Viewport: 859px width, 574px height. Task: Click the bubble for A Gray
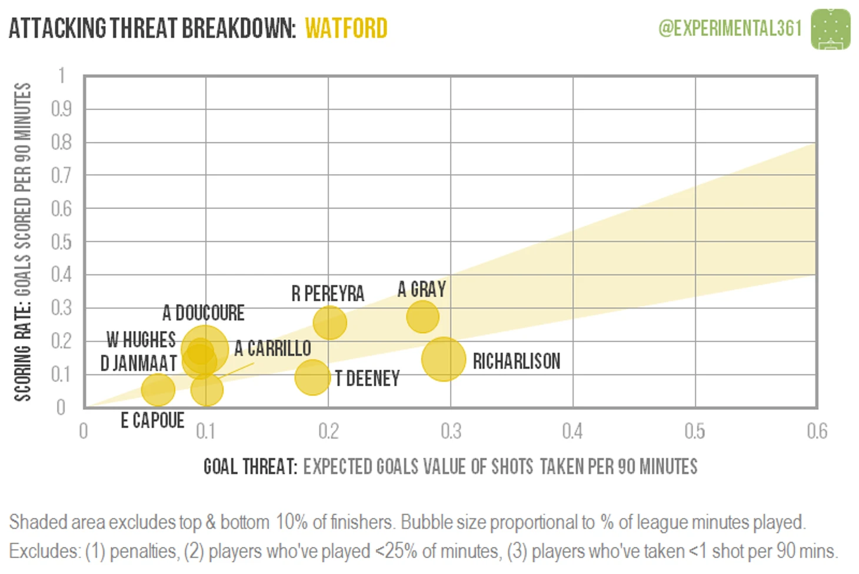(422, 317)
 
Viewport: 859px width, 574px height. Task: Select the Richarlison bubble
(444, 359)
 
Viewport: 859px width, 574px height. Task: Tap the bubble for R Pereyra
(329, 323)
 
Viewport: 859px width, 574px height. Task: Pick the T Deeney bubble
(312, 377)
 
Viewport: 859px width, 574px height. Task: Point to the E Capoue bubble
(158, 389)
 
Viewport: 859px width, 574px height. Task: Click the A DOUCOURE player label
(204, 313)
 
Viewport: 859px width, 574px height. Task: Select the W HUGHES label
(141, 340)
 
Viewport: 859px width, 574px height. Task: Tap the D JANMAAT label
(139, 363)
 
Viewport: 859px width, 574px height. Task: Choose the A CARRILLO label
(272, 349)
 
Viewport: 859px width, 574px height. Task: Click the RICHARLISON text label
(517, 361)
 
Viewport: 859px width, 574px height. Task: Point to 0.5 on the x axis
(695, 432)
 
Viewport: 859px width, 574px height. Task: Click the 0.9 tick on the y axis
(61, 109)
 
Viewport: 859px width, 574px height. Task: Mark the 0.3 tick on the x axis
(451, 432)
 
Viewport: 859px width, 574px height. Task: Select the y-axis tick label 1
(61, 76)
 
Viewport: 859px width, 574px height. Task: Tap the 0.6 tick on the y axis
(61, 208)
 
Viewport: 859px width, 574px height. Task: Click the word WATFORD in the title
(346, 28)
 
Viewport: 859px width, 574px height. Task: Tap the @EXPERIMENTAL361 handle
(730, 28)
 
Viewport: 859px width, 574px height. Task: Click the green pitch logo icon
(830, 29)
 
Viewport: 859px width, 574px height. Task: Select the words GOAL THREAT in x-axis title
(250, 467)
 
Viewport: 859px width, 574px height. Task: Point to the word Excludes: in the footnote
(45, 552)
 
